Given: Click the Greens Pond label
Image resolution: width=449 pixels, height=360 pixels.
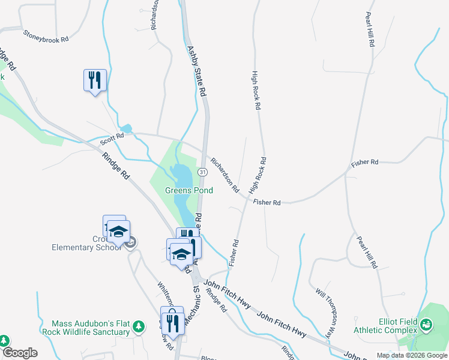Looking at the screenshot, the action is [x=189, y=190].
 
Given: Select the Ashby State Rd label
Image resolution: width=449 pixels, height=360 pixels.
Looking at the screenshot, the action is [x=196, y=72].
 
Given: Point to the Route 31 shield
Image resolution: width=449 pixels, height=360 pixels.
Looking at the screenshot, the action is [x=203, y=172].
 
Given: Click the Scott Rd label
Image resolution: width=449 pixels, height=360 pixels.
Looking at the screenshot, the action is [x=112, y=139].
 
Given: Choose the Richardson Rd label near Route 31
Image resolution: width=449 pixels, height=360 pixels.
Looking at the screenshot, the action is [x=224, y=175].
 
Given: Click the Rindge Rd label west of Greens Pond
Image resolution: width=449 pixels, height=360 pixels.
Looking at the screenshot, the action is [x=116, y=166].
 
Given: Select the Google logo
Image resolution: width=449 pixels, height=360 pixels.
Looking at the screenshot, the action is [x=19, y=353].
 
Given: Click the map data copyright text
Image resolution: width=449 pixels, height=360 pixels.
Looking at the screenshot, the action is [x=412, y=355].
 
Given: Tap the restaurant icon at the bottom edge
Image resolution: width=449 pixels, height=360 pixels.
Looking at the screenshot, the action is [x=172, y=323].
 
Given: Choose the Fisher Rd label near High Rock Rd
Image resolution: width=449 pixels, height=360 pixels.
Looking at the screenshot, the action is [x=267, y=203].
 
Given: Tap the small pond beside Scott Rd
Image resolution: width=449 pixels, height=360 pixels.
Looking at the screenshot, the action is [x=125, y=128].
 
